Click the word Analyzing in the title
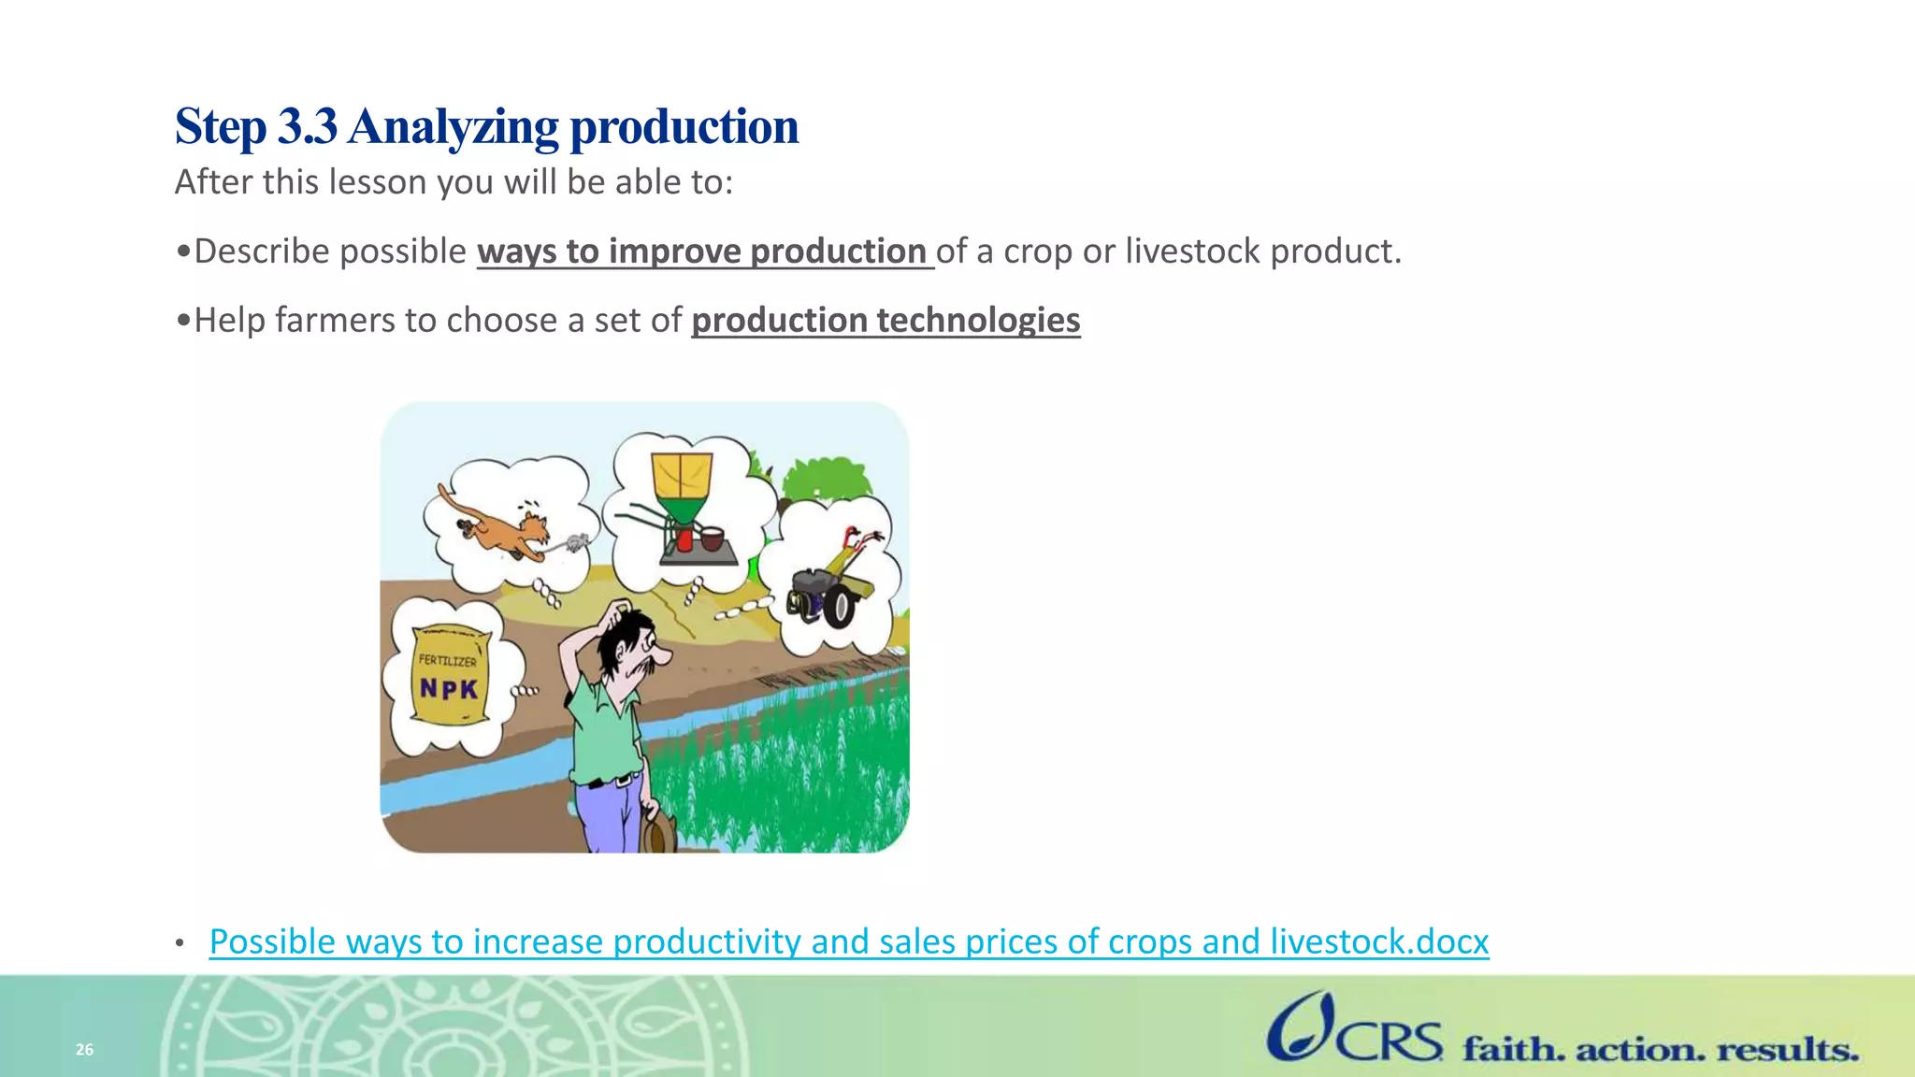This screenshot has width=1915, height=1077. (x=454, y=128)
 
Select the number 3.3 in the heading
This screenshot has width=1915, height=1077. (x=307, y=126)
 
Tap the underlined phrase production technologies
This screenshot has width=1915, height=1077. (x=886, y=321)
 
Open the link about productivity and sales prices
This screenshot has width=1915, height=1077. (x=848, y=941)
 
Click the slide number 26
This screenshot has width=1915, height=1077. (x=84, y=1049)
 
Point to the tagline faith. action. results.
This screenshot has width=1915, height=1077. (x=1660, y=1049)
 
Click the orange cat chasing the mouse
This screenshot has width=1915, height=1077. (x=500, y=528)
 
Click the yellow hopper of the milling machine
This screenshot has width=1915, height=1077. (x=682, y=477)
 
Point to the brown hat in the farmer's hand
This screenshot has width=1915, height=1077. (x=659, y=830)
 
